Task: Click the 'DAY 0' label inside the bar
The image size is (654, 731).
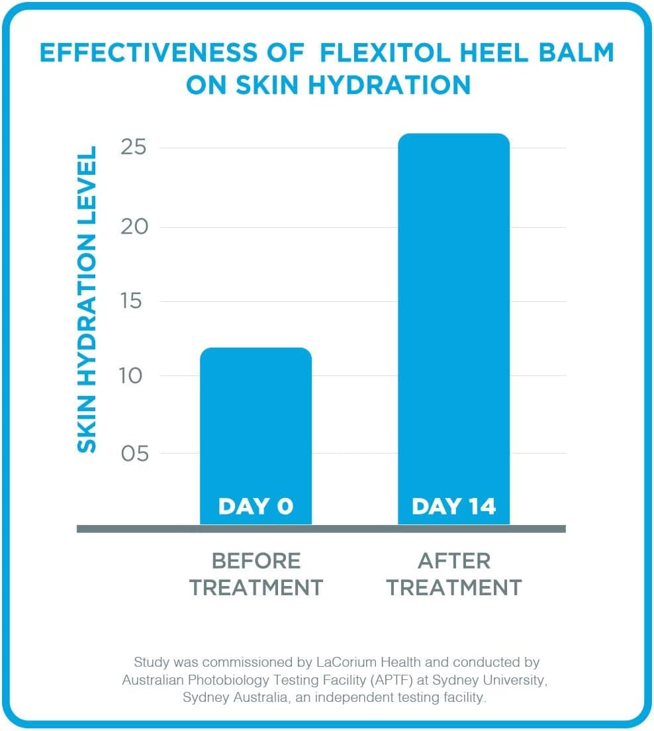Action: (x=256, y=507)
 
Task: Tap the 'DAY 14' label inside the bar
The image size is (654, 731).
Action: (x=453, y=507)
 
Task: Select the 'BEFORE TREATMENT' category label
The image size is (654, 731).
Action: (x=256, y=574)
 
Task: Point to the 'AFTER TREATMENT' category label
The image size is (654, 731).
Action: (x=454, y=574)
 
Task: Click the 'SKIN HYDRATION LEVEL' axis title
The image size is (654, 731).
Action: (x=87, y=299)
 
